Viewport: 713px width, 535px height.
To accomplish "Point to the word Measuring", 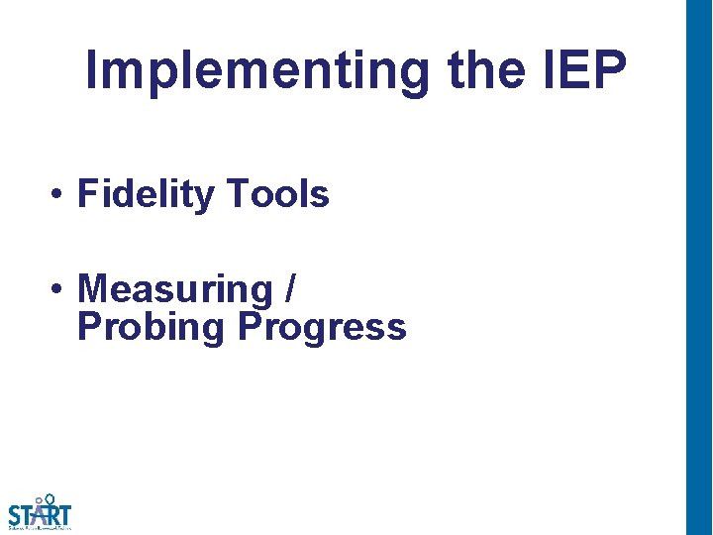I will coord(174,289).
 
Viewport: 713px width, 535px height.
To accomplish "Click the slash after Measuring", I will coord(288,289).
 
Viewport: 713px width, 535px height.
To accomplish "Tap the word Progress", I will coord(322,327).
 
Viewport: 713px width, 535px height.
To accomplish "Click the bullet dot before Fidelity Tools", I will coord(60,195).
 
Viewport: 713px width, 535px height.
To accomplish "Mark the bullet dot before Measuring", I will coord(60,290).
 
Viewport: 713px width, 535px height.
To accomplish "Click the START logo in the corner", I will coord(40,513).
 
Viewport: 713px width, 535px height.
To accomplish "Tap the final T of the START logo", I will coord(64,515).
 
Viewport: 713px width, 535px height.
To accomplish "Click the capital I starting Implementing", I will coord(92,69).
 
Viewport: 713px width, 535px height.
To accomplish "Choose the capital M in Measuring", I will coord(91,289).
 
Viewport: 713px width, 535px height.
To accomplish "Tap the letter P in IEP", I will coord(611,69).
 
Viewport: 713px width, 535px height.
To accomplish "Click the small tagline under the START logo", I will coord(40,528).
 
